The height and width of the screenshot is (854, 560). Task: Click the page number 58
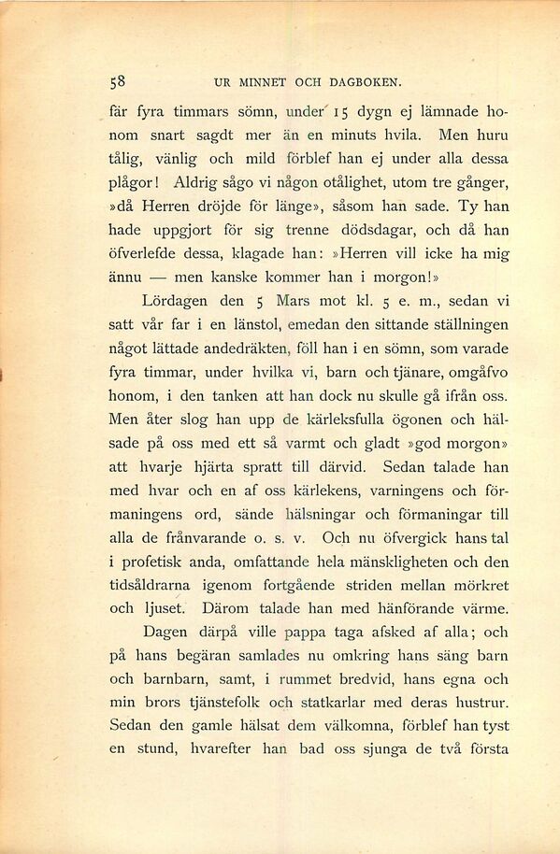click(x=119, y=81)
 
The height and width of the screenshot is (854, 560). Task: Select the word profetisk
click(x=158, y=562)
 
